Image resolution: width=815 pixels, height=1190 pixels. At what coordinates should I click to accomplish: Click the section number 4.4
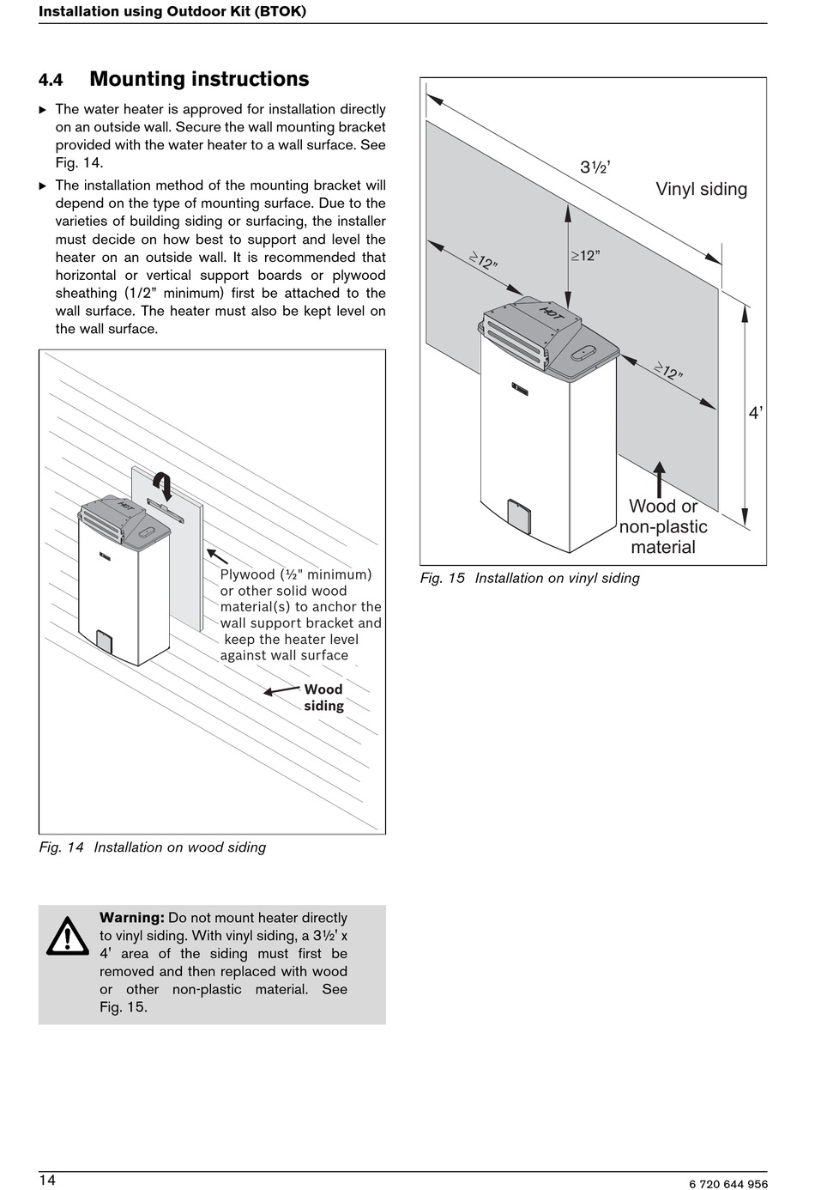coord(51,80)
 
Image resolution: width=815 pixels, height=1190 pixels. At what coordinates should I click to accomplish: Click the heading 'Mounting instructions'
coord(199,79)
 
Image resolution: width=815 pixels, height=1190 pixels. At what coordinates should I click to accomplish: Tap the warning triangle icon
coord(68,937)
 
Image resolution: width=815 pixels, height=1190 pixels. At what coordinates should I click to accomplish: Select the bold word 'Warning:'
coord(131,918)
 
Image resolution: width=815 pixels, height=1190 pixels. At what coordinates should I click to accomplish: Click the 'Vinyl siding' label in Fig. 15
coord(701,189)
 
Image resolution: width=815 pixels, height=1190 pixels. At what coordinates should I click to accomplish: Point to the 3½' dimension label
coord(595,167)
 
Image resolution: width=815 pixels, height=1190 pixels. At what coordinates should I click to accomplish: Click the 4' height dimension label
coord(755,413)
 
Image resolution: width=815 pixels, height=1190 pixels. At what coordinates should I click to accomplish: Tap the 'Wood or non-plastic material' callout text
coord(663,526)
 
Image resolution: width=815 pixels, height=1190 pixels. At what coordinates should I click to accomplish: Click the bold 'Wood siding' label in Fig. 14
coord(323,697)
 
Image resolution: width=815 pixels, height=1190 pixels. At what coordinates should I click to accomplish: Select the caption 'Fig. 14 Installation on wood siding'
coord(153,847)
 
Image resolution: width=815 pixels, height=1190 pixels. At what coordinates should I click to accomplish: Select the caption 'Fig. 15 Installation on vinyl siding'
coord(529,578)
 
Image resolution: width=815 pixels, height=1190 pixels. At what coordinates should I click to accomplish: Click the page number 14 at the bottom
coord(47,1180)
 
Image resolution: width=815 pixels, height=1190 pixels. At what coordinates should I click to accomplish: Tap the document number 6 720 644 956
coord(727,1184)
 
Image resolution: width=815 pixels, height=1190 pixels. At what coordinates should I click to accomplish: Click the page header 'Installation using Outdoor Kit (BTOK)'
coord(172,11)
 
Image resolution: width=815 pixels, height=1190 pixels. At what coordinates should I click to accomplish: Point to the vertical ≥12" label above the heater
coord(585,256)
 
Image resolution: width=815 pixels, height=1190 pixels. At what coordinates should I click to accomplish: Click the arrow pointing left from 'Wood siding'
coord(281,690)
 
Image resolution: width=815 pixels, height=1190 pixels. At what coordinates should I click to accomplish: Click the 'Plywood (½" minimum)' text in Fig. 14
coord(296,574)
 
